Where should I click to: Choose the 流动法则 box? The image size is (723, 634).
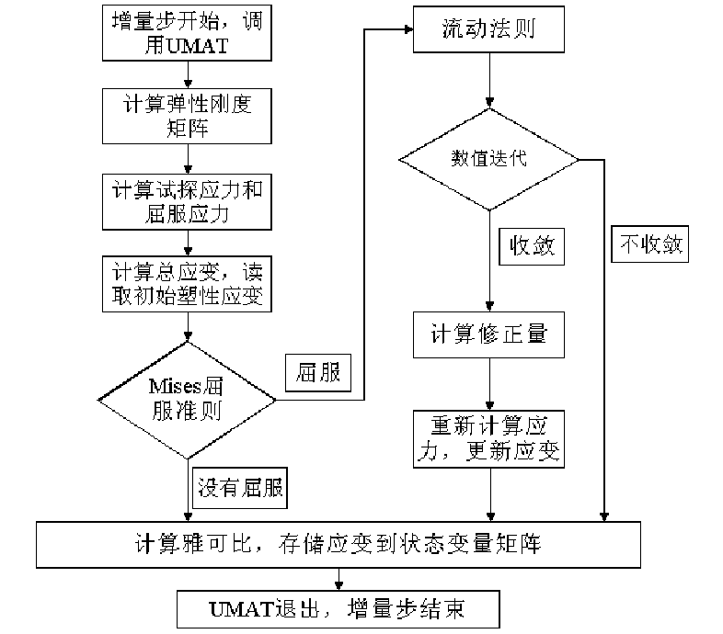coord(488,33)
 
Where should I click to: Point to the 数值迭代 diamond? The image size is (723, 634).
coord(488,159)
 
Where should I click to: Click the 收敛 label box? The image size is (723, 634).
coord(531,245)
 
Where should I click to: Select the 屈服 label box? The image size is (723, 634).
coord(318,372)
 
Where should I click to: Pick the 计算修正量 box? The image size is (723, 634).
coord(488,333)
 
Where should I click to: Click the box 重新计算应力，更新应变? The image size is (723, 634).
coord(488,439)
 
